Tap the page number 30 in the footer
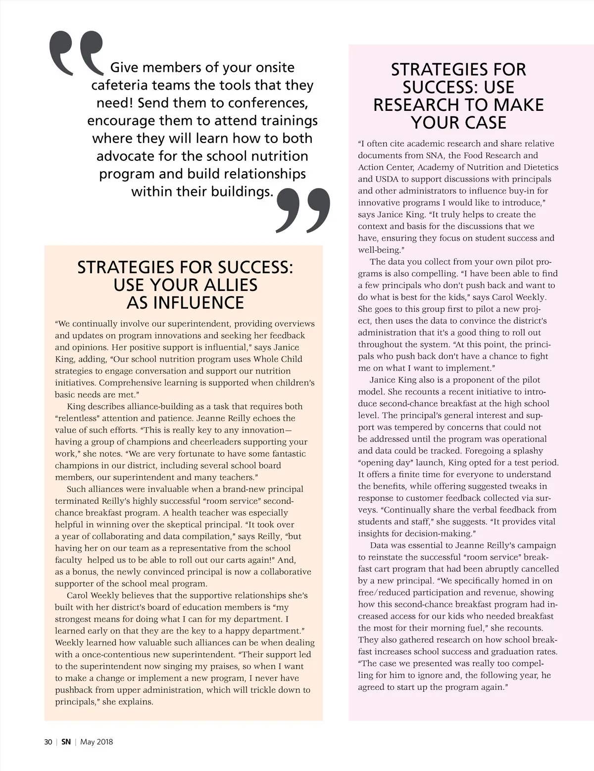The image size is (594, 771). pos(48,742)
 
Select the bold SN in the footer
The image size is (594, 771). pos(66,742)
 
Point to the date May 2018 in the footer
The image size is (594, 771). pos(97,742)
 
